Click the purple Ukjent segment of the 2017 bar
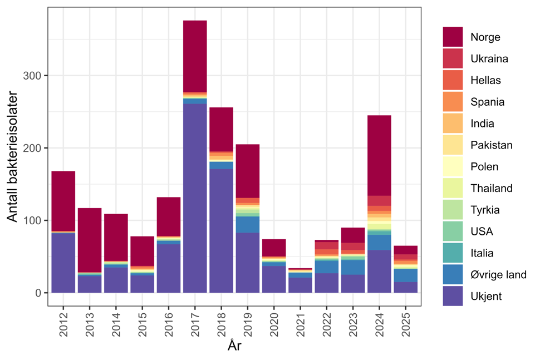coord(195,198)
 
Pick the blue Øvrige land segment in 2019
coord(248,224)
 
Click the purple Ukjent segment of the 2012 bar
coord(63,262)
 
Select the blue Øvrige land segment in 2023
coord(353,267)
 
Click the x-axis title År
coord(234,346)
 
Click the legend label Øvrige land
coord(498,275)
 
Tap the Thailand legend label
coord(491,189)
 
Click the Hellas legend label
coord(485,81)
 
